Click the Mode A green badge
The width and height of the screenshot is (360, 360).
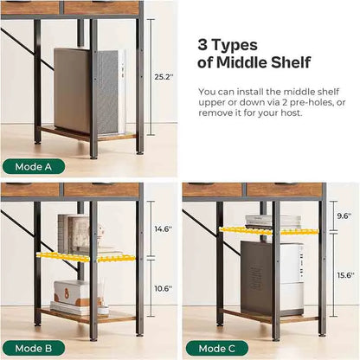click(34, 167)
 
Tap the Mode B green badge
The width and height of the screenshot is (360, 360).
click(34, 349)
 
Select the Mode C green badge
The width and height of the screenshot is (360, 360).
click(217, 349)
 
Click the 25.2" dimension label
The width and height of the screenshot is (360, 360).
click(164, 77)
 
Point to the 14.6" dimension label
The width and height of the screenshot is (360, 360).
click(164, 229)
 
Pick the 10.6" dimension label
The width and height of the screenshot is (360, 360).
click(164, 288)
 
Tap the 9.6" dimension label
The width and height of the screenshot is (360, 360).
click(344, 215)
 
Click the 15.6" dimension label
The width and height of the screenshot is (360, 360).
click(345, 275)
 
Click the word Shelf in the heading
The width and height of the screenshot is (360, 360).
click(291, 62)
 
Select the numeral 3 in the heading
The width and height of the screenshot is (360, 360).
click(202, 45)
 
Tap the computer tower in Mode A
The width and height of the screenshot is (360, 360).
click(90, 91)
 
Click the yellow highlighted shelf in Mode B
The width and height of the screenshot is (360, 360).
click(86, 257)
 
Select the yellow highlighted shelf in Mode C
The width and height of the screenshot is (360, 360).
click(269, 230)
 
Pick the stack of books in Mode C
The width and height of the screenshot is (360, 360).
click(273, 222)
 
